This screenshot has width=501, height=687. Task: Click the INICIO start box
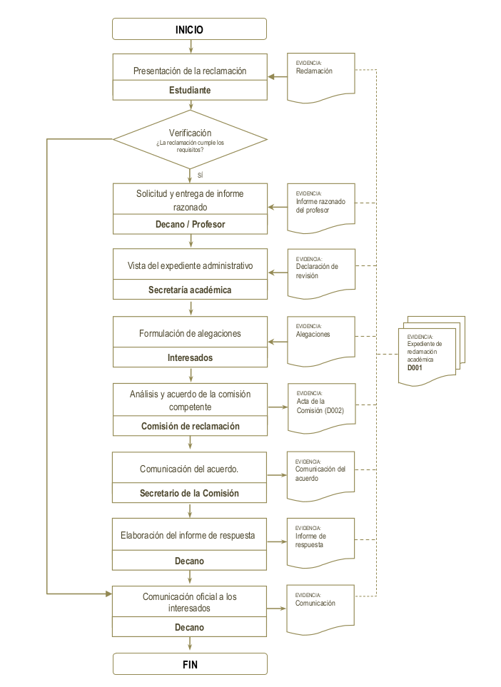(x=190, y=29)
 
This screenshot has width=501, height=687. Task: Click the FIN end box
(x=190, y=664)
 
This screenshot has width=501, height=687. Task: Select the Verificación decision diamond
(x=190, y=139)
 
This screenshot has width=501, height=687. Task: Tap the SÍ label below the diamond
(x=200, y=175)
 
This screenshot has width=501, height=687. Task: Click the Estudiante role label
(x=190, y=91)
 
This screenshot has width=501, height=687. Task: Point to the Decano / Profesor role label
(x=190, y=224)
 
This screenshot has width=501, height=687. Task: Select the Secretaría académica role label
(x=190, y=290)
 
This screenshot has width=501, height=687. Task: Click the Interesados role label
(x=190, y=357)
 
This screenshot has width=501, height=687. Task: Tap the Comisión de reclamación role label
(x=190, y=426)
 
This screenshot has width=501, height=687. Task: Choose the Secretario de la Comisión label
(x=190, y=493)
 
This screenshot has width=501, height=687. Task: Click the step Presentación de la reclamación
(x=190, y=71)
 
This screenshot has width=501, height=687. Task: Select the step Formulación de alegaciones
(x=190, y=333)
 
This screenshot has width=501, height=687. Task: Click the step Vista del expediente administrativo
(x=190, y=265)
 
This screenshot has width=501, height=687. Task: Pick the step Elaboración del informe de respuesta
(x=190, y=536)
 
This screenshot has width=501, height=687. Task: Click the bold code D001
(x=415, y=369)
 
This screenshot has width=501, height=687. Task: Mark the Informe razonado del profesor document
(x=320, y=207)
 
